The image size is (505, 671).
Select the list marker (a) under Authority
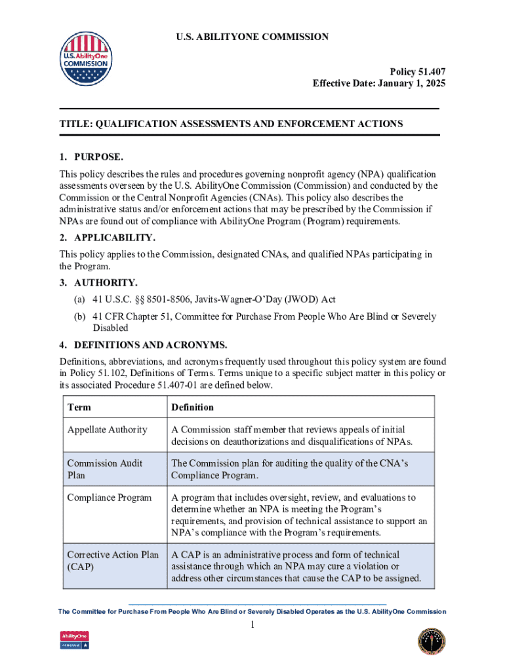tap(78, 299)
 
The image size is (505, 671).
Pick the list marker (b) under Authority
tap(78, 316)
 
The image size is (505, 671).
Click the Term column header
tap(79, 407)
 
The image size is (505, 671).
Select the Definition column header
tap(192, 407)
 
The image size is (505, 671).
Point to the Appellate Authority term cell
tap(108, 430)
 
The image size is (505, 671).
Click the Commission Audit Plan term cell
tap(105, 469)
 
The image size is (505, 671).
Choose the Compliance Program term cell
tap(110, 497)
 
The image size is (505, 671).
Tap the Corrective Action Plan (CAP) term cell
tap(113, 560)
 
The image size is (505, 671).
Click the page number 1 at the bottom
tap(252, 626)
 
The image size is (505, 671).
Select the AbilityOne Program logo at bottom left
tap(74, 640)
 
